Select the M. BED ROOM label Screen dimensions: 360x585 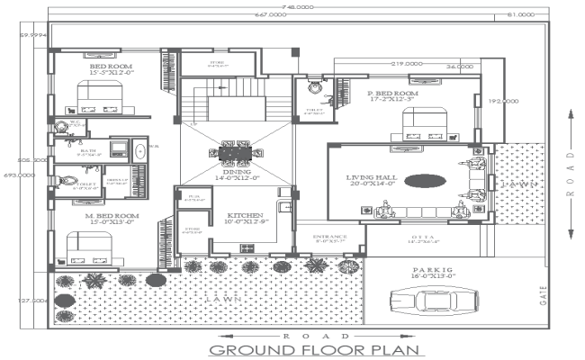tap(112, 217)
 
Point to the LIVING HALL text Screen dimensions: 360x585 tap(373, 179)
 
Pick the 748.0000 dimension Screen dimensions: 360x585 tap(298, 5)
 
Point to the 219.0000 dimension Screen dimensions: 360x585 tap(407, 65)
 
